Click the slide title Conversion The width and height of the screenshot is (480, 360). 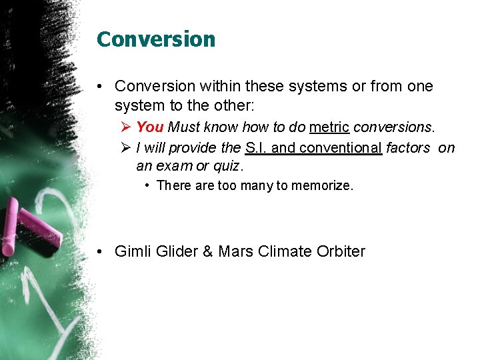click(x=156, y=39)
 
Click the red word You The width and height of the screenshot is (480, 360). click(x=150, y=127)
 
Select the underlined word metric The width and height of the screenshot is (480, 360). click(x=329, y=127)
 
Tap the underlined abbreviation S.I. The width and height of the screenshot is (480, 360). click(x=257, y=148)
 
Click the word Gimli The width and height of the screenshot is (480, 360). click(x=133, y=251)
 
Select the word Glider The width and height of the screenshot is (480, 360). click(x=176, y=251)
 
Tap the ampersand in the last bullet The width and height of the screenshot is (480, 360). click(x=207, y=251)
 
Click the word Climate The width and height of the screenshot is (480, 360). click(x=285, y=251)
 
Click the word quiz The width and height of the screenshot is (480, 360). click(x=227, y=165)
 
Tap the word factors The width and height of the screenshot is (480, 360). click(x=408, y=148)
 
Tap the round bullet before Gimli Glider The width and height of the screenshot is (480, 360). click(x=98, y=252)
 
